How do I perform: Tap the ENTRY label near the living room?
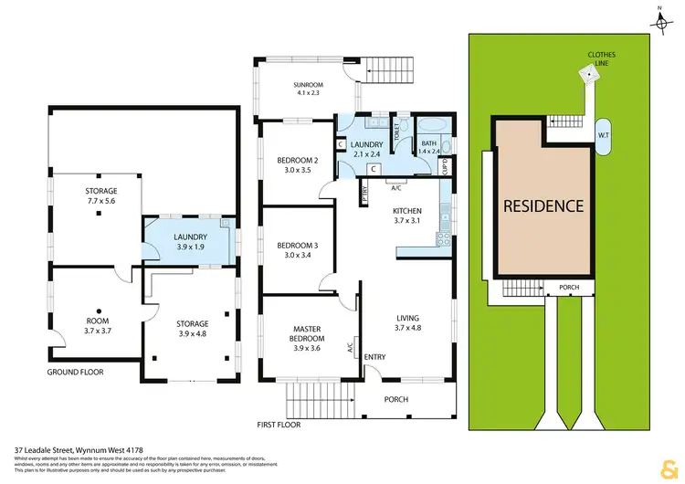coord(375,357)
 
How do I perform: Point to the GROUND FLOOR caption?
coord(76,373)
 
